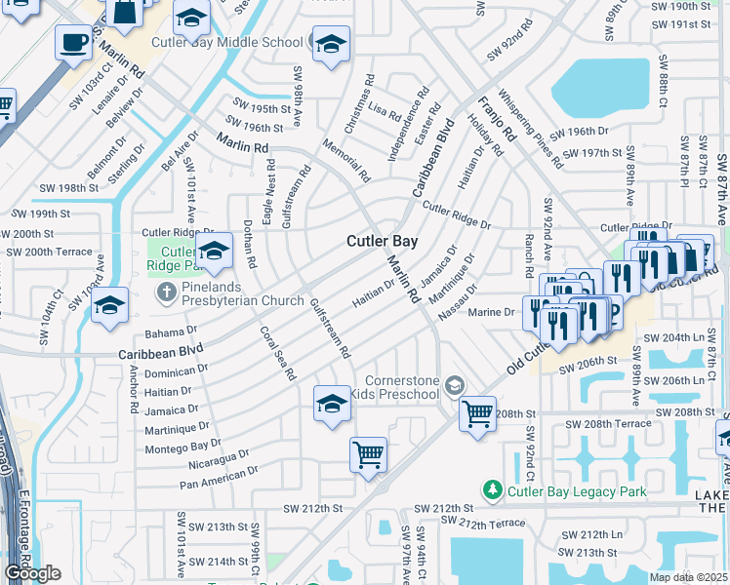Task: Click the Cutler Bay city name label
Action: pos(383,241)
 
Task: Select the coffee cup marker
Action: pos(73,44)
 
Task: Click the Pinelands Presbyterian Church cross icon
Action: pos(167,291)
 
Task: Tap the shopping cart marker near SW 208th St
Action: pos(477,414)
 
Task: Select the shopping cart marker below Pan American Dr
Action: pos(368,454)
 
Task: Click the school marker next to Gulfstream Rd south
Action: pos(332,405)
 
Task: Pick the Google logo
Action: pos(32,572)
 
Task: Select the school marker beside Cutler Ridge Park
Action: pos(215,251)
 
